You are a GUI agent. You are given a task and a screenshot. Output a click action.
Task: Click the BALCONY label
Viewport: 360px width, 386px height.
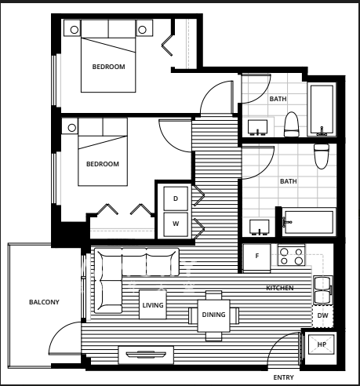(x=44, y=302)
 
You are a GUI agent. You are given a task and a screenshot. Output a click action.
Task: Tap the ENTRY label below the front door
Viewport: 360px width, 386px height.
(x=283, y=377)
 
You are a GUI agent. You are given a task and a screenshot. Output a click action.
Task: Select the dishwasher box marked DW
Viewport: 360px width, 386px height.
(x=323, y=315)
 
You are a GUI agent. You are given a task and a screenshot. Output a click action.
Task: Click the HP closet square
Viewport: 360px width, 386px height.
(x=322, y=344)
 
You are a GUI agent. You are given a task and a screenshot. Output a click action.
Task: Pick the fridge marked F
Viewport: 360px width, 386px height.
(x=256, y=258)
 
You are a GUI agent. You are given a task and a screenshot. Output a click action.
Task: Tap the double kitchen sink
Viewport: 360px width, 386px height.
(x=323, y=290)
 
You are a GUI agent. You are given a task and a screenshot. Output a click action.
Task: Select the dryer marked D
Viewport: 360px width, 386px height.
(x=176, y=198)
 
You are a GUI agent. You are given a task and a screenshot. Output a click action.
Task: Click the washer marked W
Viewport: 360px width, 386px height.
(x=176, y=224)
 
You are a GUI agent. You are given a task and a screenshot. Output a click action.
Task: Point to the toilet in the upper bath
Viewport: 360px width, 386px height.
(x=291, y=125)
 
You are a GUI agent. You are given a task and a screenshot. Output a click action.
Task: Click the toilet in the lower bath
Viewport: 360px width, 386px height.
(x=322, y=156)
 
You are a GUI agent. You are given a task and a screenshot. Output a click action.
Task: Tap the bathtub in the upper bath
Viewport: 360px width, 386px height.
(x=322, y=110)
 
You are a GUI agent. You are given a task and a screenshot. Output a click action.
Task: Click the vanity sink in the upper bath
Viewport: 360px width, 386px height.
(x=257, y=128)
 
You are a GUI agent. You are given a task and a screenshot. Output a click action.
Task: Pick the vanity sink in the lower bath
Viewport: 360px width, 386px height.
(x=259, y=227)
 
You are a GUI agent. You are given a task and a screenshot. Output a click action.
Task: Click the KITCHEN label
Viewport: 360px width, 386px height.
(x=280, y=288)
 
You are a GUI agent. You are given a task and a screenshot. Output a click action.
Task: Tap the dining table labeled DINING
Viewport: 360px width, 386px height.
(x=213, y=315)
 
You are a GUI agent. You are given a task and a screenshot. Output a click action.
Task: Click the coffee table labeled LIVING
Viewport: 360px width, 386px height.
(x=153, y=304)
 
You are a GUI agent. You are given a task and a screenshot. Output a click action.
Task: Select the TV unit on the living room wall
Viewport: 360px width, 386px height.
(x=146, y=355)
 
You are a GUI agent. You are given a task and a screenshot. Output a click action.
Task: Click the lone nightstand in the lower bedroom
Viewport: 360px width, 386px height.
(x=70, y=126)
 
